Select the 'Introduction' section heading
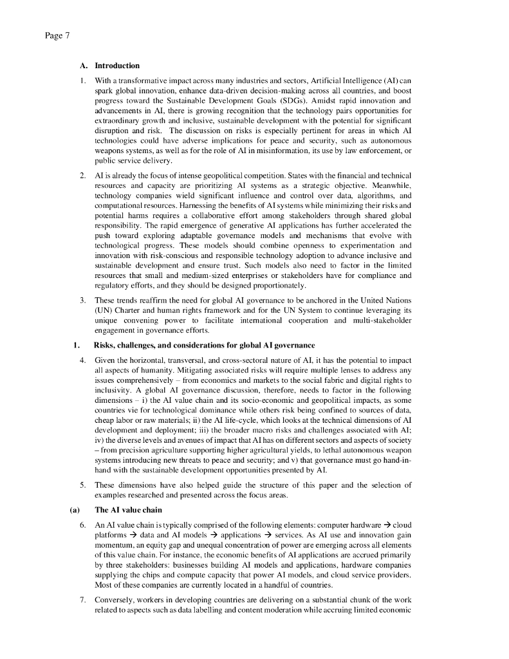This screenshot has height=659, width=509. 117,66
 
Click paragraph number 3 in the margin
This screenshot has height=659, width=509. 82,301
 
